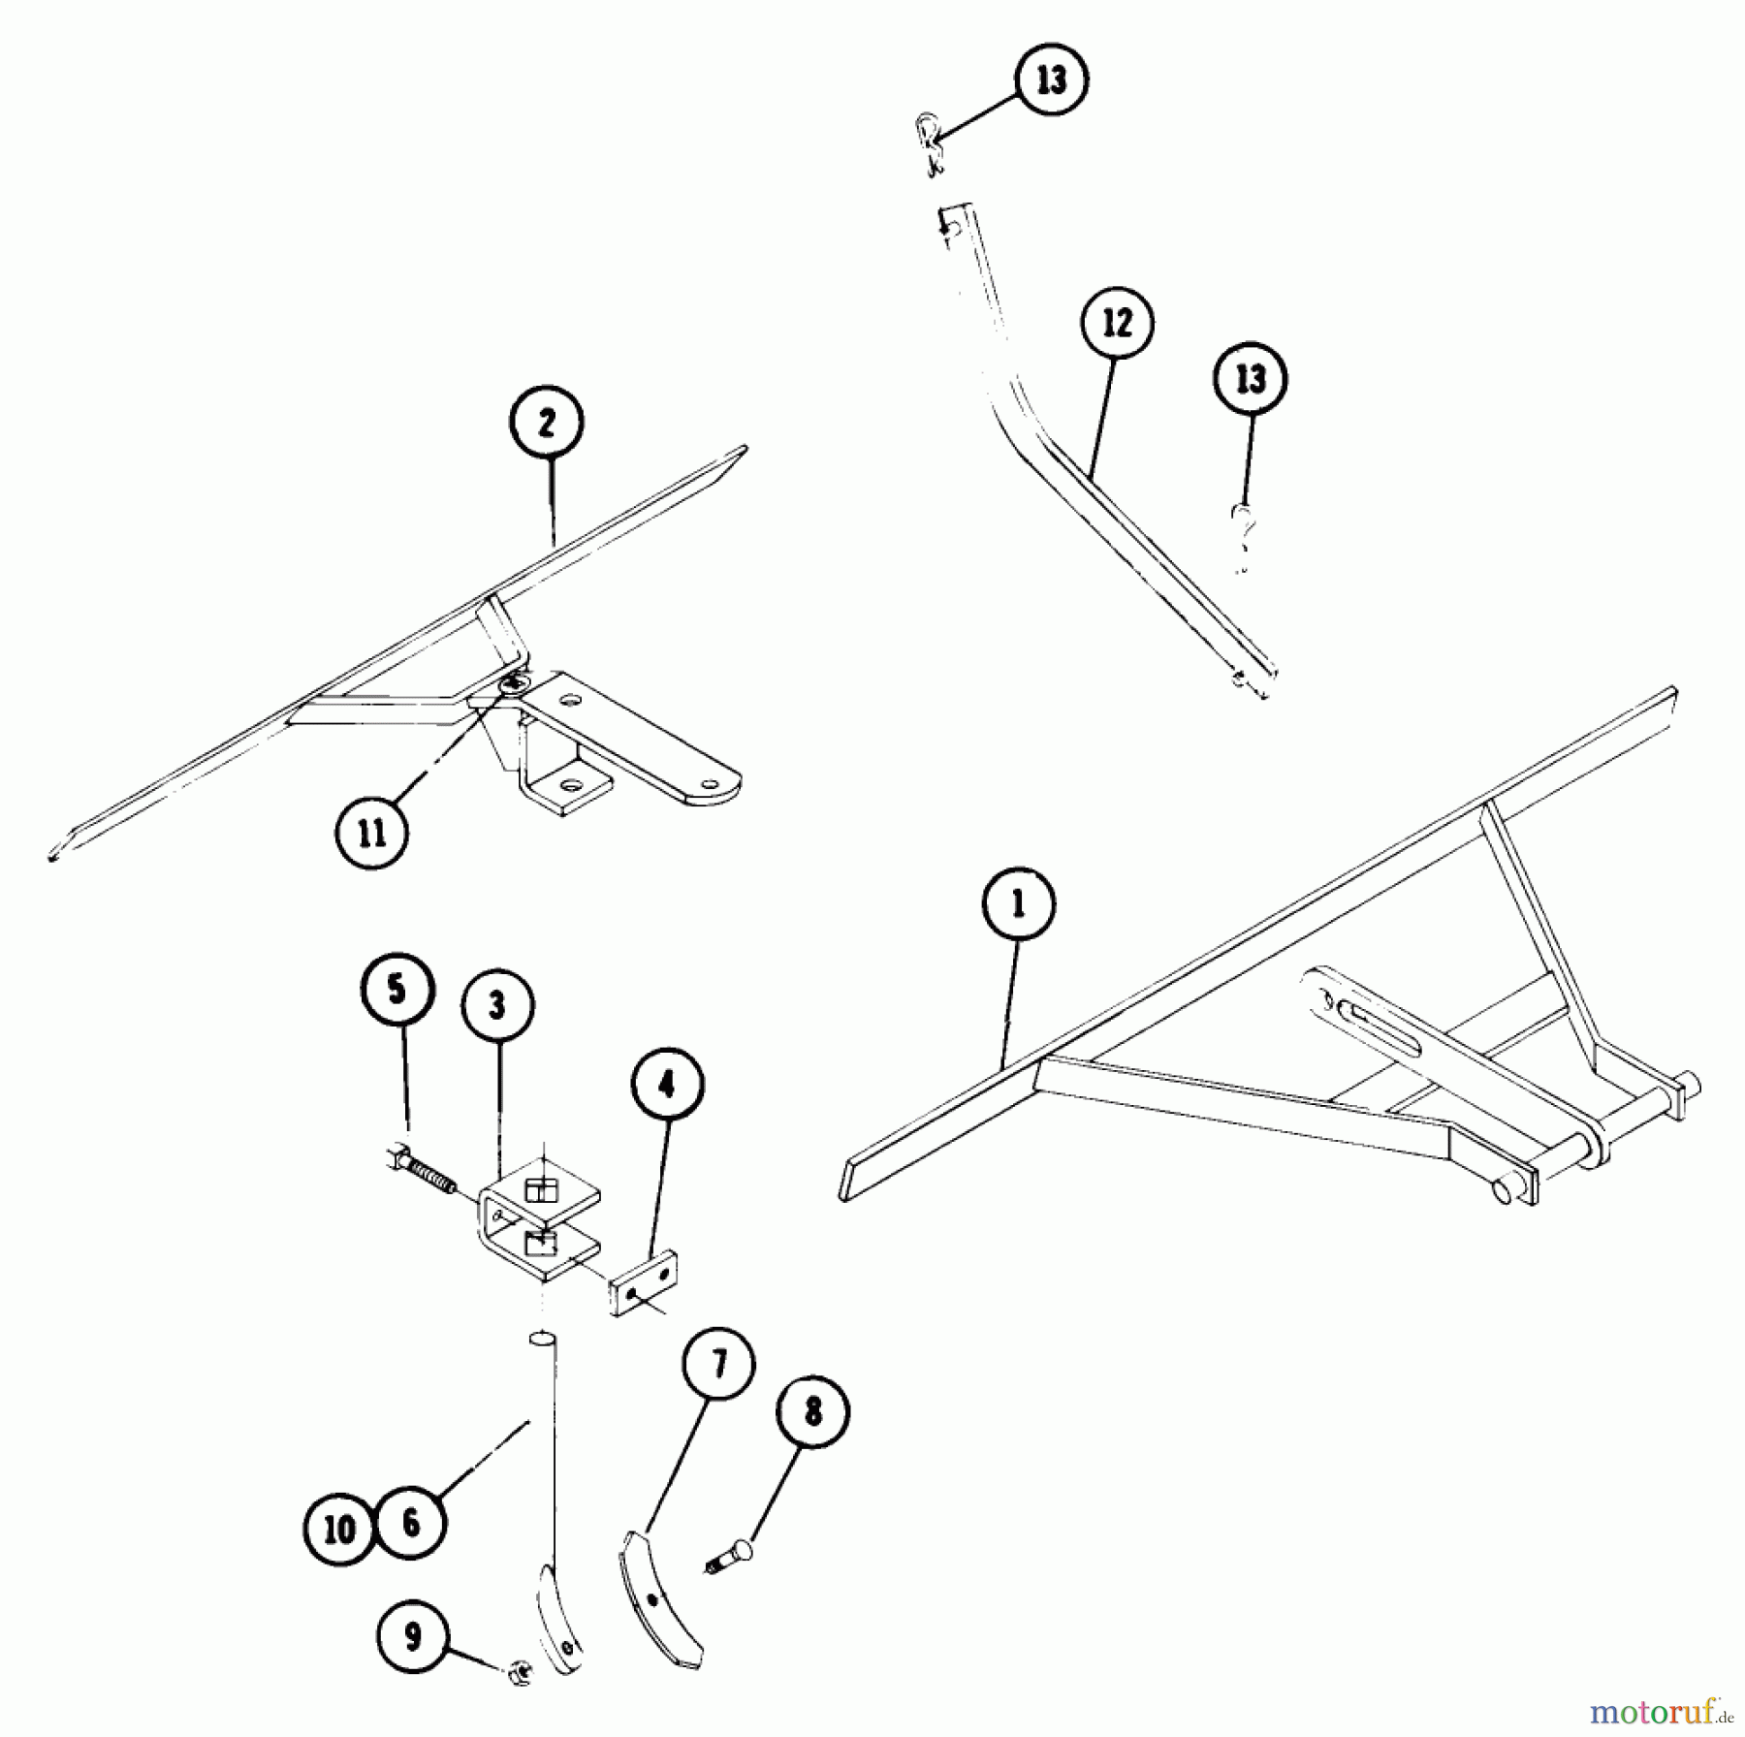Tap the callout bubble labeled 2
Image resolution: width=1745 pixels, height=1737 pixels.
[x=546, y=423]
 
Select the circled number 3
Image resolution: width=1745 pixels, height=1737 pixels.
[x=497, y=1005]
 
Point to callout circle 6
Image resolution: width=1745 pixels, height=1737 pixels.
[x=411, y=1522]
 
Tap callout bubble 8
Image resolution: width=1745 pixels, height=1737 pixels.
[x=812, y=1412]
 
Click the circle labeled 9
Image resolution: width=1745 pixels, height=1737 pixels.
[x=414, y=1637]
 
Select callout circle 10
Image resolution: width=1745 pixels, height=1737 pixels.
[x=339, y=1530]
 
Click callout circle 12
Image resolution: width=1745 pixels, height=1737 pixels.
[x=1118, y=323]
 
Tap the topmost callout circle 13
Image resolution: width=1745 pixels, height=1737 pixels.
[x=1052, y=79]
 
